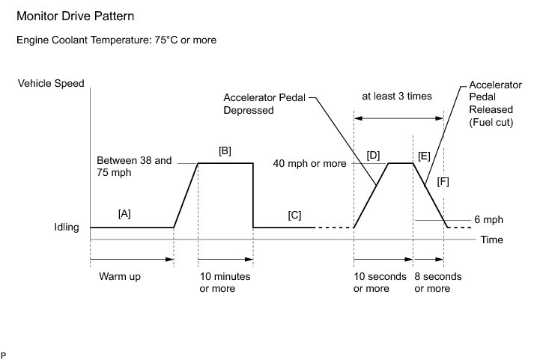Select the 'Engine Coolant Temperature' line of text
point(117,40)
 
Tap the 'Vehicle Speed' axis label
point(51,84)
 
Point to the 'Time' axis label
point(491,240)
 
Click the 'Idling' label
point(65,228)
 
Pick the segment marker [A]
point(124,213)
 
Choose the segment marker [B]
point(224,151)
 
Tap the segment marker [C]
point(294,216)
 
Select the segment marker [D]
point(374,155)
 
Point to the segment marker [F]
point(443,182)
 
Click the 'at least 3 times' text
point(396,96)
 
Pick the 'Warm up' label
point(120,276)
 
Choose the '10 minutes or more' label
point(225,282)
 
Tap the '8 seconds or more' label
point(437,282)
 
